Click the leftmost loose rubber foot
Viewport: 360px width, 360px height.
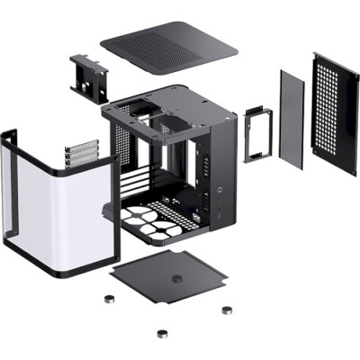pyautogui.click(x=111, y=302)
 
